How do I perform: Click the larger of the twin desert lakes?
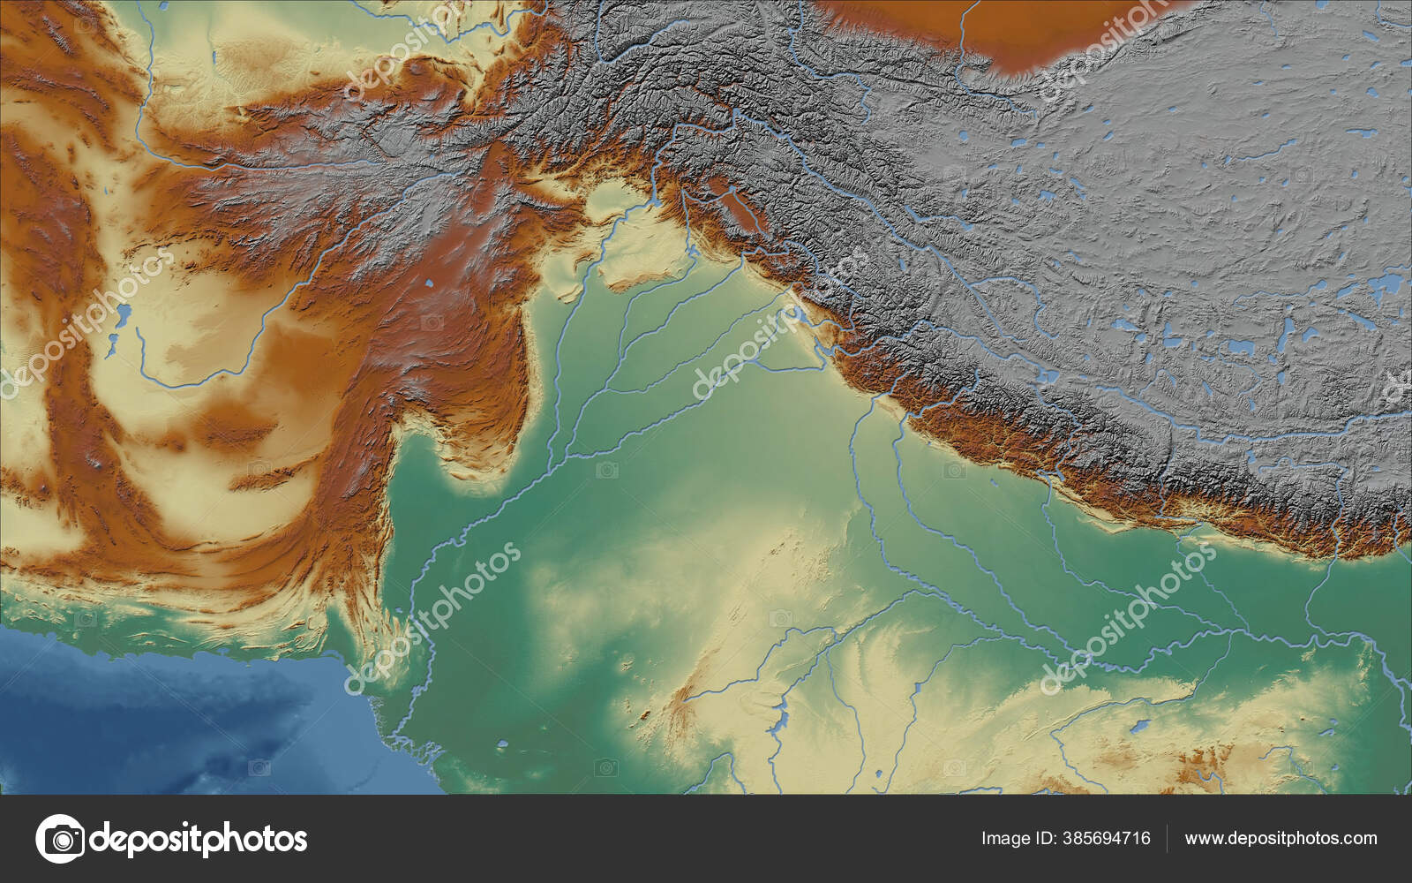point(124,313)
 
